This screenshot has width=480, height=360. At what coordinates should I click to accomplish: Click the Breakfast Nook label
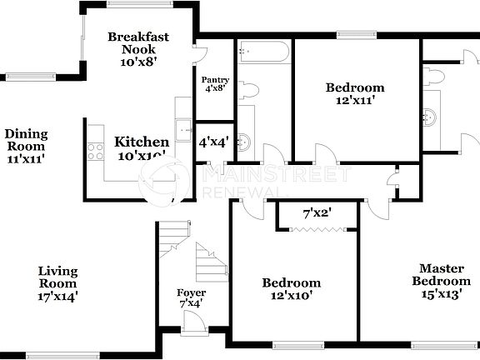[x=140, y=49]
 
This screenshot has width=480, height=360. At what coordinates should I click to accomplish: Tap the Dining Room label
[x=26, y=145]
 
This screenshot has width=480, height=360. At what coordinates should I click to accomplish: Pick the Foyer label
[x=191, y=297]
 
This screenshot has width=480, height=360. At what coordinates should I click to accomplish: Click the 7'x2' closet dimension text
[x=317, y=213]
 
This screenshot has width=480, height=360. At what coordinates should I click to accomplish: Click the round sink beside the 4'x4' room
[x=244, y=140]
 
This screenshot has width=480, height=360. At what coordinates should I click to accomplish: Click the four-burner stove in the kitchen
[x=94, y=152]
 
